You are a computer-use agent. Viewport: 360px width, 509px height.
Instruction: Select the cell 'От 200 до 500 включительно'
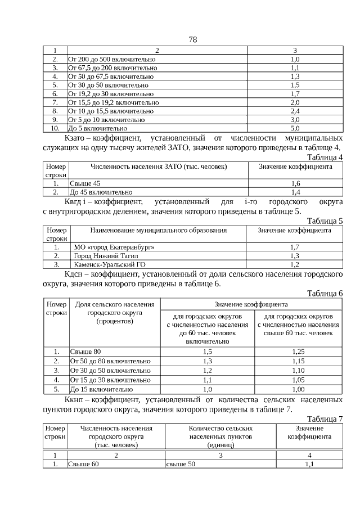point(111,59)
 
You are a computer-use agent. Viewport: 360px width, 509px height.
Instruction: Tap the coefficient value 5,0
point(295,128)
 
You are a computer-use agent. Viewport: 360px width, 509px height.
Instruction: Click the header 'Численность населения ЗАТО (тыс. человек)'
point(159,167)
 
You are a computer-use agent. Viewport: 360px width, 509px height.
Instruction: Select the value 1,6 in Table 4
point(295,183)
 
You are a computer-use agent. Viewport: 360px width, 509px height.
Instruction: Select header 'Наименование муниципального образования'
point(158,231)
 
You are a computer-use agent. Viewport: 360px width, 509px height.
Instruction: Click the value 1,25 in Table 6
point(298,352)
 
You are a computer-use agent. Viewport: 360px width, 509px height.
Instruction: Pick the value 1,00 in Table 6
point(298,389)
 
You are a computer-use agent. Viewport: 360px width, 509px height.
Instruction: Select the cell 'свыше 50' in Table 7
point(181,464)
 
